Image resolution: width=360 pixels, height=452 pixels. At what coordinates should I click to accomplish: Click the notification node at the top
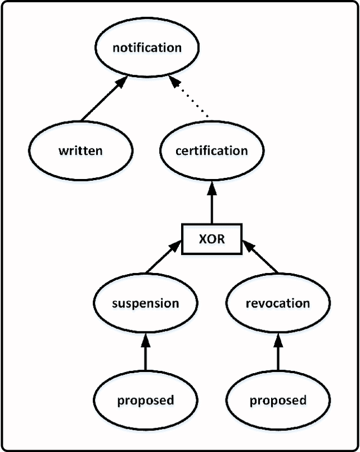coord(147,47)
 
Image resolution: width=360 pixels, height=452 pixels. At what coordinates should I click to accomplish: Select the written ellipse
coord(80,151)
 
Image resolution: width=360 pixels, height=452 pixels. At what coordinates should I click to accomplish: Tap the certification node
coord(211,151)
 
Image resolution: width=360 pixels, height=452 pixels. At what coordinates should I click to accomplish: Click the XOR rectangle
coord(211,239)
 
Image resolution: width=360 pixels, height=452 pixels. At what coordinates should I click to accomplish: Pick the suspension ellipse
coord(145,303)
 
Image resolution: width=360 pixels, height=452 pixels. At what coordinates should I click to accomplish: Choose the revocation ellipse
coord(277,303)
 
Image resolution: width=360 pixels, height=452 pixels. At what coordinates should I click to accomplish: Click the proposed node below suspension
coord(145,400)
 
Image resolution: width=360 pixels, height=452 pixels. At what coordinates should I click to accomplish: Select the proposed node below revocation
coord(277,400)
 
